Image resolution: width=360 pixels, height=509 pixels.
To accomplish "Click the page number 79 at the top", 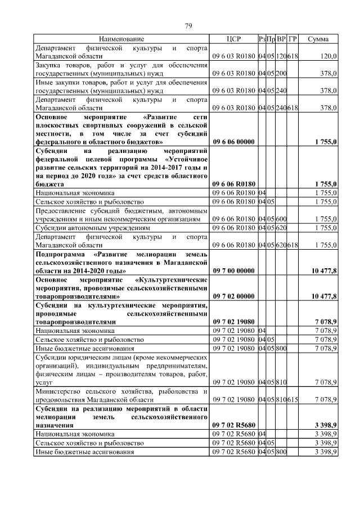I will pyautogui.click(x=188, y=25).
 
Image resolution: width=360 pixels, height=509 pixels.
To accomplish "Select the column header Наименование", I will pyautogui.click(x=121, y=39).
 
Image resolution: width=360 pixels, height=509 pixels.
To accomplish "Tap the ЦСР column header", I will pyautogui.click(x=233, y=39).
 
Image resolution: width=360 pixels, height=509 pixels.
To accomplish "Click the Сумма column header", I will pyautogui.click(x=318, y=39).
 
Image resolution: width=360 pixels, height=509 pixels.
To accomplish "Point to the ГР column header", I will pyautogui.click(x=292, y=39).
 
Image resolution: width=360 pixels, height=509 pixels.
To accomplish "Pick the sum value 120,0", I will pyautogui.click(x=328, y=57).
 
